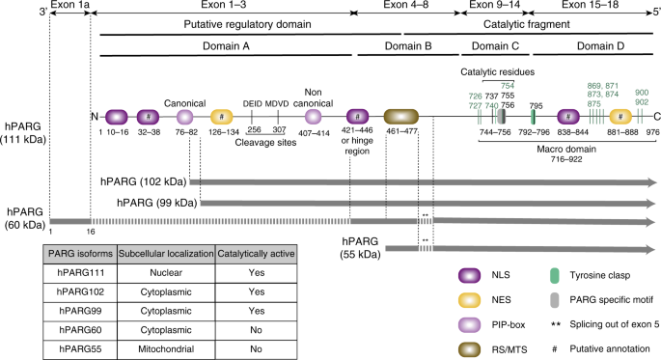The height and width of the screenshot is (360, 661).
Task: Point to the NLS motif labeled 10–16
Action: [x=117, y=118]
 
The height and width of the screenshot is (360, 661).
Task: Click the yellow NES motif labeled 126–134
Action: [x=222, y=118]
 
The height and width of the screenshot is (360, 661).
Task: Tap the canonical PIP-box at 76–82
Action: [x=185, y=118]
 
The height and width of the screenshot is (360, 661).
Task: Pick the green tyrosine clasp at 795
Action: [x=534, y=118]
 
